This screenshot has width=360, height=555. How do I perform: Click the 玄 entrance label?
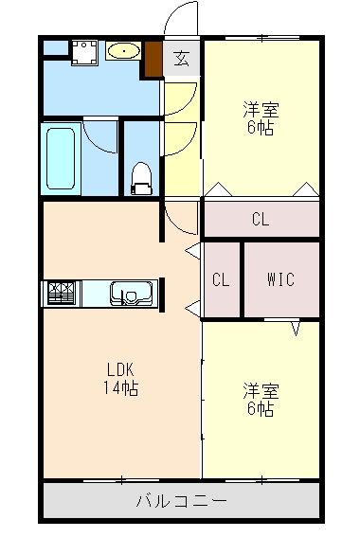point(181,59)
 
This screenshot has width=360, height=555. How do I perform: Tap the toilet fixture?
point(142,176)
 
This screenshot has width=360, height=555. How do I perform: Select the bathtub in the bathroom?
point(62,157)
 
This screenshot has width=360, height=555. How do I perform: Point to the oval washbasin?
point(123,51)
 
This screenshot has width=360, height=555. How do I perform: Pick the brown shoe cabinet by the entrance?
point(153,60)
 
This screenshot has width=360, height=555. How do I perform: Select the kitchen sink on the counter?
point(126,294)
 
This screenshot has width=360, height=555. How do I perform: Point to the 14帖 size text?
point(120,388)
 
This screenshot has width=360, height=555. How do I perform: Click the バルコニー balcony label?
point(180,500)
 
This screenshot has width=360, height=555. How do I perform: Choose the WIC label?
point(280,279)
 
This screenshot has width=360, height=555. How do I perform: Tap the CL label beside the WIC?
point(221,279)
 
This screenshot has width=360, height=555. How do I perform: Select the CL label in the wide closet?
point(261,220)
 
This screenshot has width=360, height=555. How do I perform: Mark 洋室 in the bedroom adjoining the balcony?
point(261,390)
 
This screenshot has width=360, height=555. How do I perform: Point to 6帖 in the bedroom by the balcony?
point(261,409)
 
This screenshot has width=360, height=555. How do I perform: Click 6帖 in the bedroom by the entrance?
point(261,128)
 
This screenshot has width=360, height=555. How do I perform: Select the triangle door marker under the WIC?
point(297,329)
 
